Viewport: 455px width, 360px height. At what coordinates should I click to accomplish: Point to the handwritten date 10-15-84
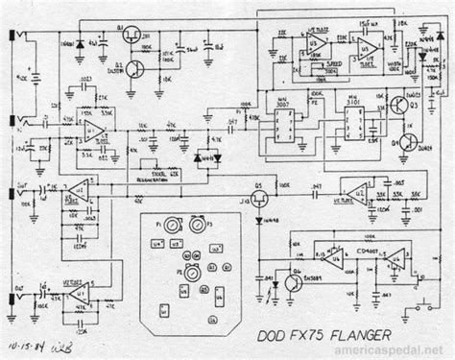[x=25, y=339]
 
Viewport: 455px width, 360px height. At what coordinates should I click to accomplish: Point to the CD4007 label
[x=360, y=252]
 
